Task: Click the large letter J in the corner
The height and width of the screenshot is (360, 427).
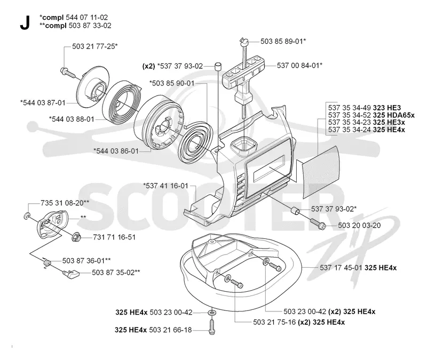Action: pyautogui.click(x=25, y=22)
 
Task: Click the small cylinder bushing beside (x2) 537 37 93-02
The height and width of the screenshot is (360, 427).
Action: pyautogui.click(x=218, y=66)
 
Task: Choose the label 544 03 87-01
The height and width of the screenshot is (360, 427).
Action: pyautogui.click(x=43, y=103)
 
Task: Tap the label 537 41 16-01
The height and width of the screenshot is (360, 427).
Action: pyautogui.click(x=166, y=186)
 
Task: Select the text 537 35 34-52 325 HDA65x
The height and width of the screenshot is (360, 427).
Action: pyautogui.click(x=371, y=115)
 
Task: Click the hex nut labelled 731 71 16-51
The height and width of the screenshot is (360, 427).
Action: pyautogui.click(x=76, y=237)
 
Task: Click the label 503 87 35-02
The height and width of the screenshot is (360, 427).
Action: pyautogui.click(x=116, y=273)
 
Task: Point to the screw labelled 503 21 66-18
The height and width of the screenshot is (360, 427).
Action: pyautogui.click(x=211, y=326)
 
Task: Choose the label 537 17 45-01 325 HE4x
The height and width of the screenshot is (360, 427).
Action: pyautogui.click(x=358, y=268)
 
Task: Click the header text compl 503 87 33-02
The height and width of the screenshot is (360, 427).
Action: pyautogui.click(x=75, y=26)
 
